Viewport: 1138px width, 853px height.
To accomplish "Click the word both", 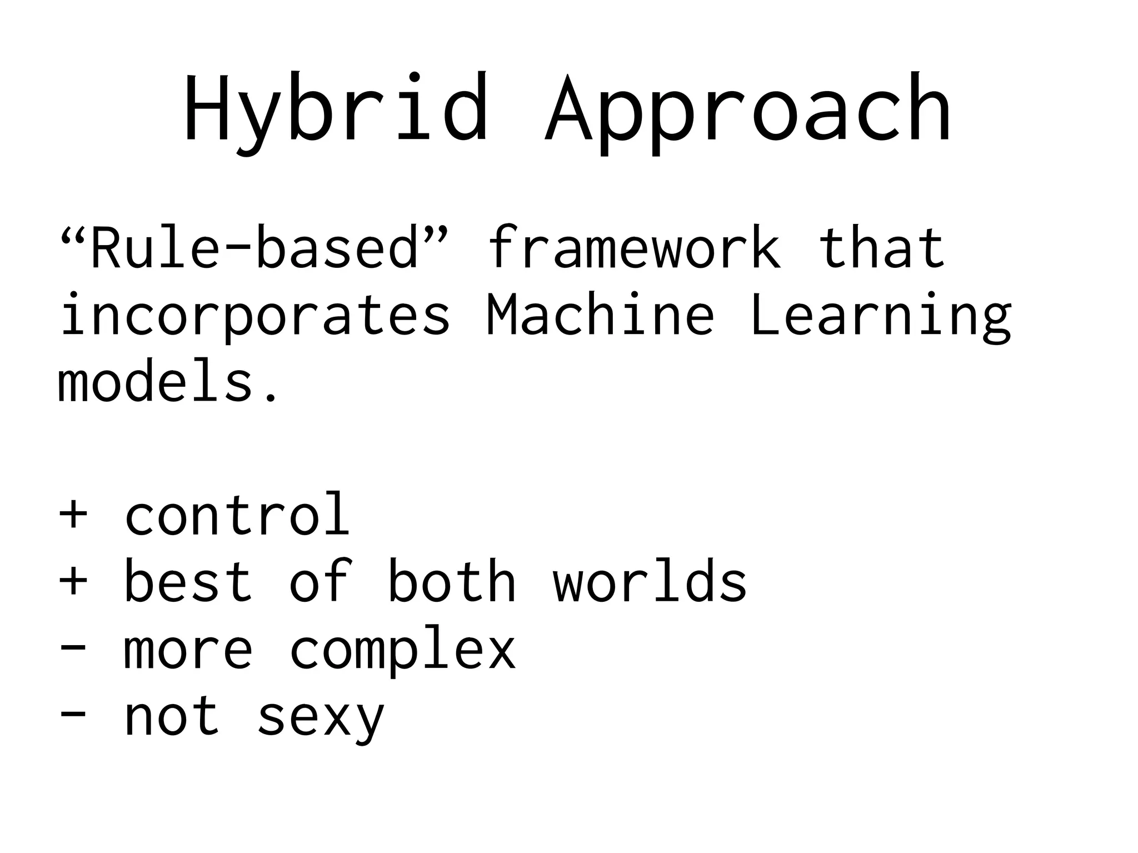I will [x=451, y=581].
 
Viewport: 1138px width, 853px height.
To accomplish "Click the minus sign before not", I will [x=73, y=717].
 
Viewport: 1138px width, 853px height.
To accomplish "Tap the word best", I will [x=188, y=581].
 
